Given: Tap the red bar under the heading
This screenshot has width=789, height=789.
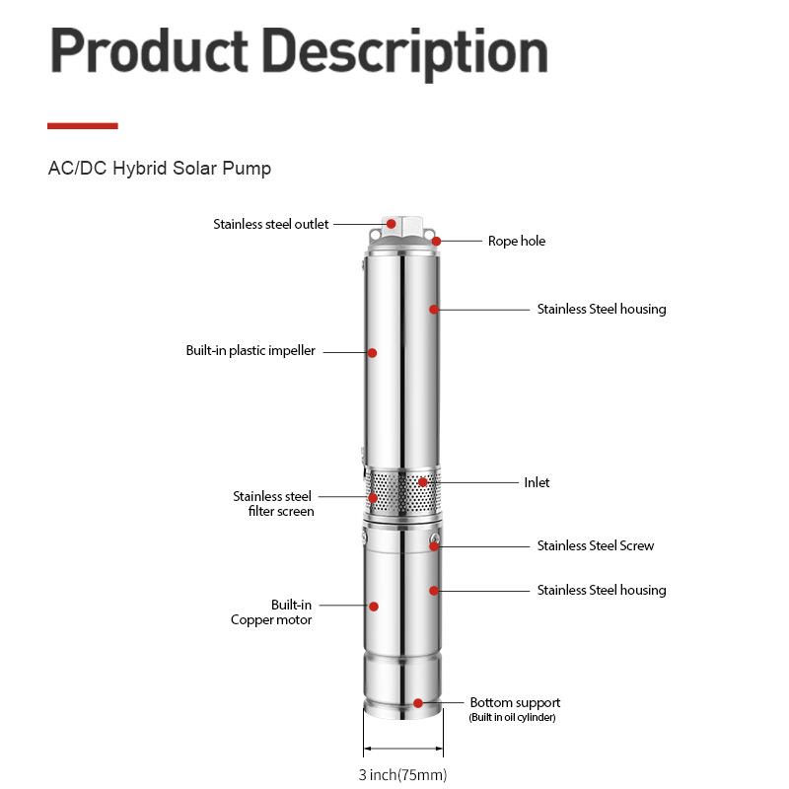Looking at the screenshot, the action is [83, 126].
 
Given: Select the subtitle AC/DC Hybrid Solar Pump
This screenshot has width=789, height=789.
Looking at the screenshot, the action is [160, 169].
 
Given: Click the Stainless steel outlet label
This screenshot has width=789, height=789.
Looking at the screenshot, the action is [271, 225].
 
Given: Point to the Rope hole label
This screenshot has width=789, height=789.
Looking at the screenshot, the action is [516, 241].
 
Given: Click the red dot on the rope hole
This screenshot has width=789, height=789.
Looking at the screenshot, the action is [436, 241].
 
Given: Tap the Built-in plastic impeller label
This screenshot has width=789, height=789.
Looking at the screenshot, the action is [251, 351].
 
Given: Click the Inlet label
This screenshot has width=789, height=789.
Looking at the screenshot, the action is [537, 482].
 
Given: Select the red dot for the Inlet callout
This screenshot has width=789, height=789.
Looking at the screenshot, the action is [423, 482].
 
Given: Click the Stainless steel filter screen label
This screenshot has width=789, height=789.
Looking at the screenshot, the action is [273, 504].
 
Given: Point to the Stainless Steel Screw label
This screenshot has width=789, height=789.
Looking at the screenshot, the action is [595, 545].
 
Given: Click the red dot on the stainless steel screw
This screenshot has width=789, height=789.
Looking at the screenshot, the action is [434, 545].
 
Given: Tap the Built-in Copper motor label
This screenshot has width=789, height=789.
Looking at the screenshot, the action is [272, 612].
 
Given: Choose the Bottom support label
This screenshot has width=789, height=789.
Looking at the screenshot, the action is [515, 703].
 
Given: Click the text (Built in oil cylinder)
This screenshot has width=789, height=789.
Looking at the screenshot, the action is [512, 718].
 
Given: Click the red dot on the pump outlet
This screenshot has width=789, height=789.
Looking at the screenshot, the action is [392, 224].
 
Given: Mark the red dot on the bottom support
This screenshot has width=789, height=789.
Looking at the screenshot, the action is [418, 703].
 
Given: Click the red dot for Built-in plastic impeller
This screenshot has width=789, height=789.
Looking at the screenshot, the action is [373, 352].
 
